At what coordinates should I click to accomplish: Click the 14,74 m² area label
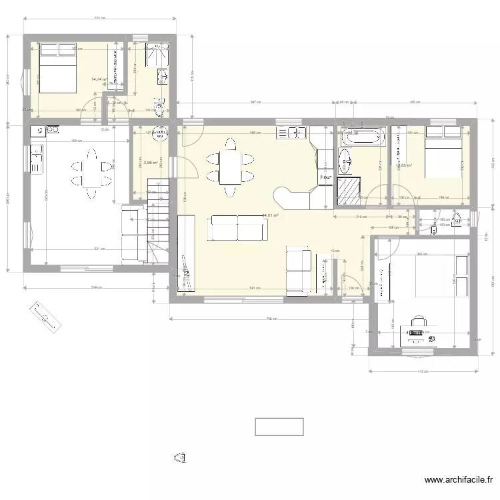point(99,79)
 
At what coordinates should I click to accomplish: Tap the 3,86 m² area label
point(149,162)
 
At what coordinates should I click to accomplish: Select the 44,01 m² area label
point(270,215)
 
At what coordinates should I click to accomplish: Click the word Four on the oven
point(325,177)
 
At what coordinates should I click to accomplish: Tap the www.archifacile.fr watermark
point(460,479)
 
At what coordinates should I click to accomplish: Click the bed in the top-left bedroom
point(57,67)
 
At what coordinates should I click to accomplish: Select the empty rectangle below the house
point(279,427)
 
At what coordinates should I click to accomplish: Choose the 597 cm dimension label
point(255,102)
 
